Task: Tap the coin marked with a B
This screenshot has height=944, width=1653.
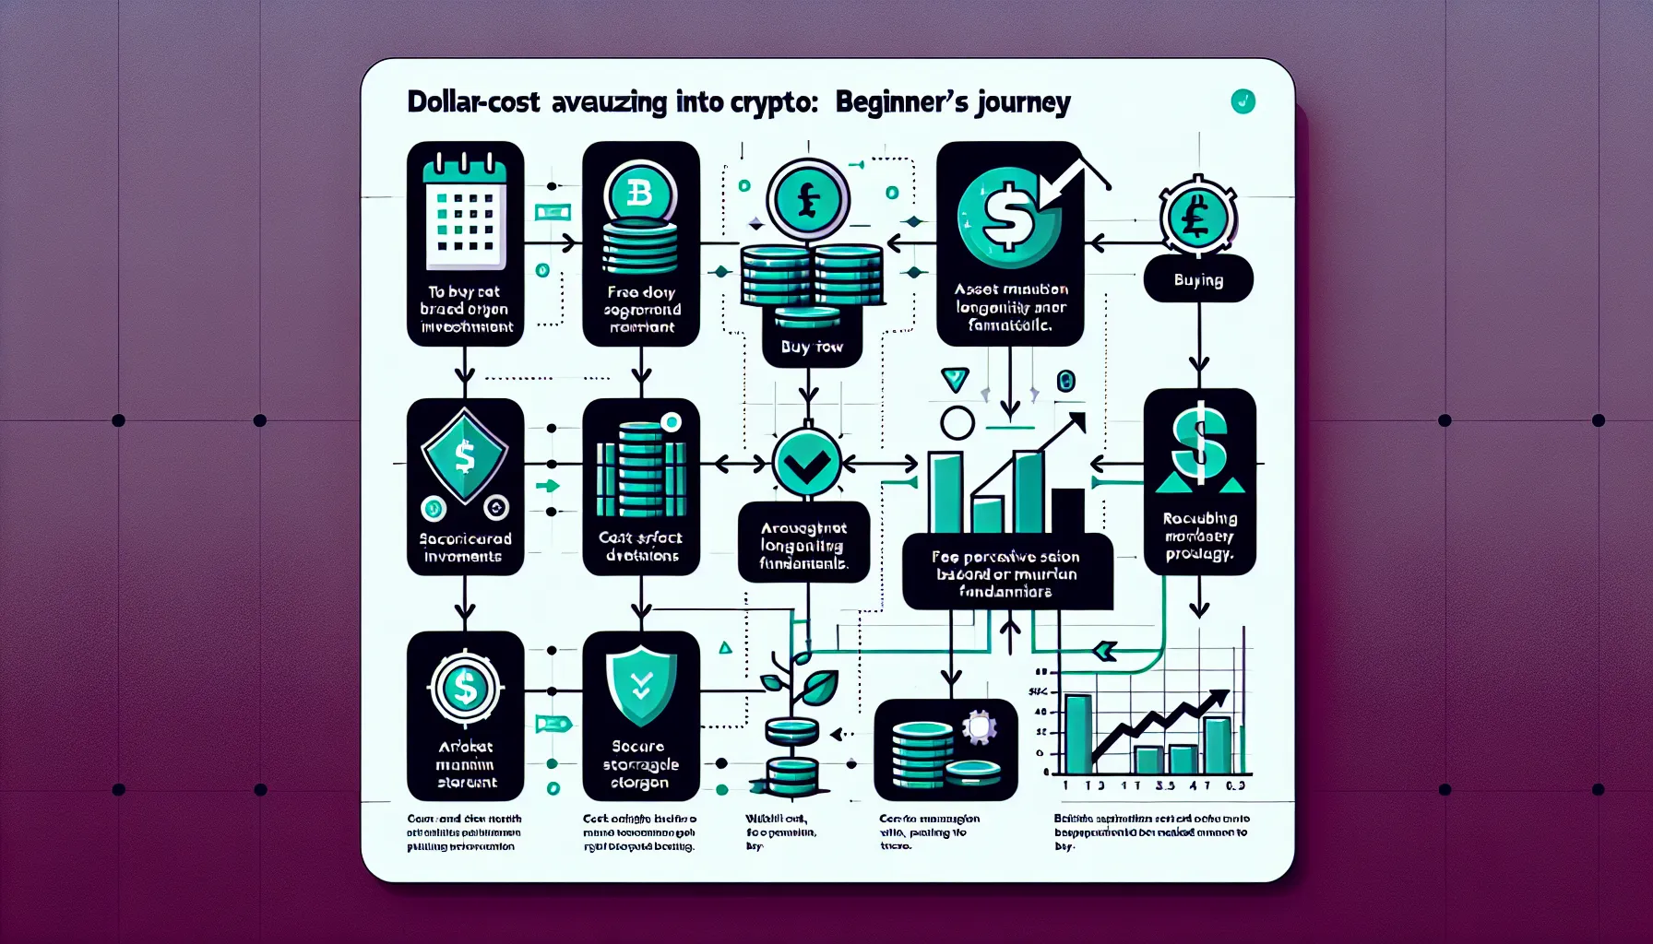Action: [x=640, y=195]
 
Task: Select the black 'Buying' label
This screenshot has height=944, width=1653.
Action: [x=1198, y=279]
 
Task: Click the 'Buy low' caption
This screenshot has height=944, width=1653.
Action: [x=812, y=347]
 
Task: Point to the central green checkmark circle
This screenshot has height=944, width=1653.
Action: [x=806, y=463]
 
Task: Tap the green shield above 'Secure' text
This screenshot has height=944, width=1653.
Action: [x=641, y=685]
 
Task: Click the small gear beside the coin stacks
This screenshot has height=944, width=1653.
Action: [x=979, y=727]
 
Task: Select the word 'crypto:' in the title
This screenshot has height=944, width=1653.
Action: [x=774, y=102]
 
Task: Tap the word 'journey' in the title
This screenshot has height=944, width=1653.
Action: [x=1025, y=102]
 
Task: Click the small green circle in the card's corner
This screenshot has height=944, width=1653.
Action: [x=1243, y=101]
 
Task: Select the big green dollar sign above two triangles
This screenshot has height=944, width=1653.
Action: [x=1199, y=444]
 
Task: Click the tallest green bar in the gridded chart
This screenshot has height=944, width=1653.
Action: [x=1077, y=734]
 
